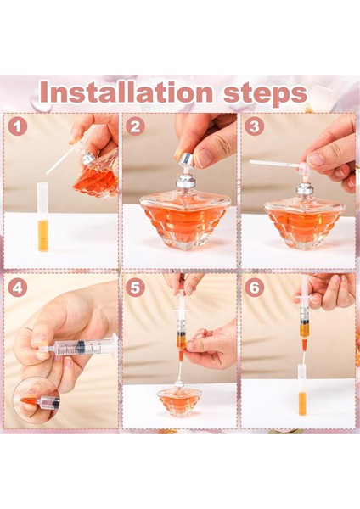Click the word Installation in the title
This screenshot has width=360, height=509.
click(127, 92)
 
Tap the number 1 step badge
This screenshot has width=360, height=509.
click(18, 127)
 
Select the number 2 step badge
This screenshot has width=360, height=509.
click(135, 127)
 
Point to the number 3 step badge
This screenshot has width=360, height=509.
click(254, 127)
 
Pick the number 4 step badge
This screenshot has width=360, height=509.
click(18, 288)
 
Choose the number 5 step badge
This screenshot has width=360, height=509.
click(135, 288)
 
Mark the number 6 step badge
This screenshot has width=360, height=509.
click(254, 288)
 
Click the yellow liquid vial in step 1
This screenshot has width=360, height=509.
click(42, 217)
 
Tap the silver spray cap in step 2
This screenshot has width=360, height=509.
click(184, 159)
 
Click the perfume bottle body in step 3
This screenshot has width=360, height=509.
click(303, 221)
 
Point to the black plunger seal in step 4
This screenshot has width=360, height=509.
click(80, 348)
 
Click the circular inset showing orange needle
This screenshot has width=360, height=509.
click(37, 400)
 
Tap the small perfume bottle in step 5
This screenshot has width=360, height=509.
click(179, 400)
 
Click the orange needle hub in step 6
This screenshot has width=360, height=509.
click(304, 345)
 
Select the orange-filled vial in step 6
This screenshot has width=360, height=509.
click(302, 389)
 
